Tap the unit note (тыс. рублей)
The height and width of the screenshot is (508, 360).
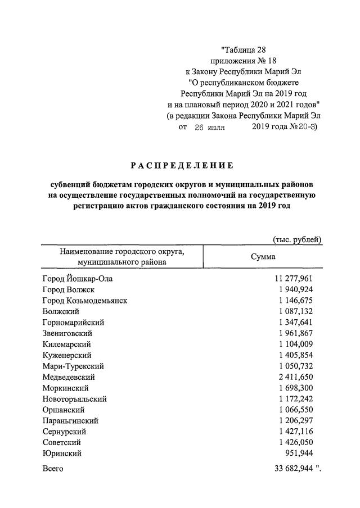(296, 239)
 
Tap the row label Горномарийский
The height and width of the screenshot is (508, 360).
(73, 322)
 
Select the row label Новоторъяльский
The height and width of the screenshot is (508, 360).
(74, 399)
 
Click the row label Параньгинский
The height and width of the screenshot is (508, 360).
(70, 421)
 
